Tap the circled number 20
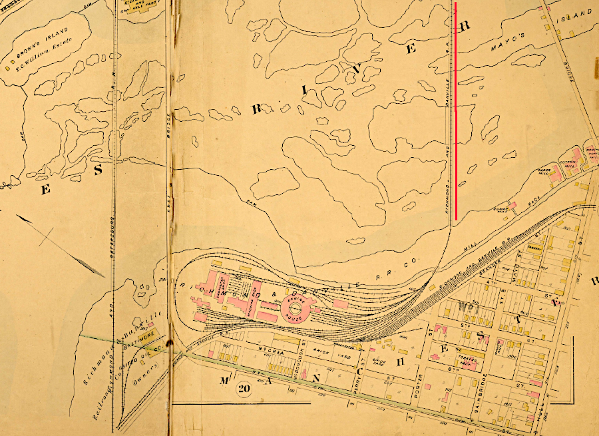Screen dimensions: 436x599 (242, 388)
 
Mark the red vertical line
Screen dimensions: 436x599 (456, 110)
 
